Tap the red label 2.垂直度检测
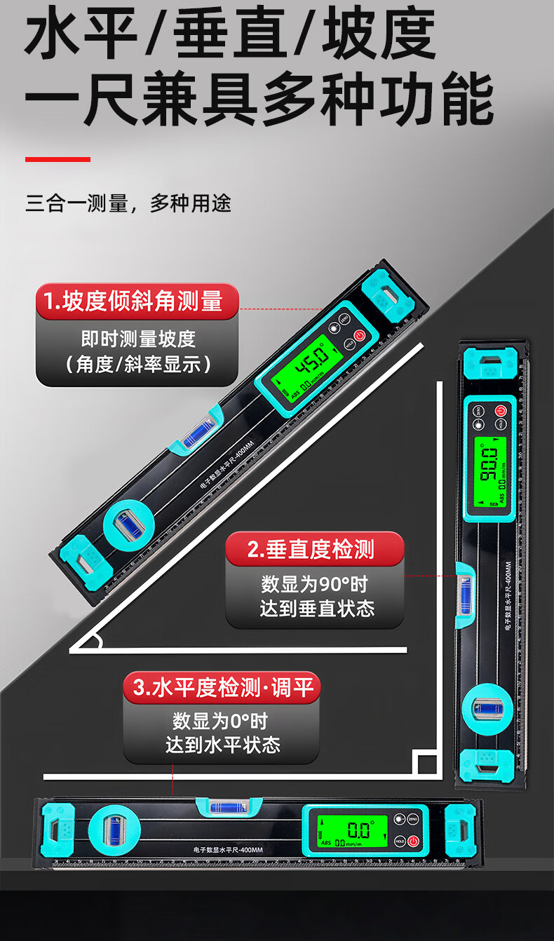[314, 550]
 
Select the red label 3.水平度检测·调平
[222, 688]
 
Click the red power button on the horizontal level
[414, 841]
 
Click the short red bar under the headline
[58, 159]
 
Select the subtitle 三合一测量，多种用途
[128, 204]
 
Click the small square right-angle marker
[425, 763]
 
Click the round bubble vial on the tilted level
[129, 522]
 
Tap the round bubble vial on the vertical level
[485, 709]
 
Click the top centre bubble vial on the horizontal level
[230, 806]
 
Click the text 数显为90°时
[314, 584]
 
